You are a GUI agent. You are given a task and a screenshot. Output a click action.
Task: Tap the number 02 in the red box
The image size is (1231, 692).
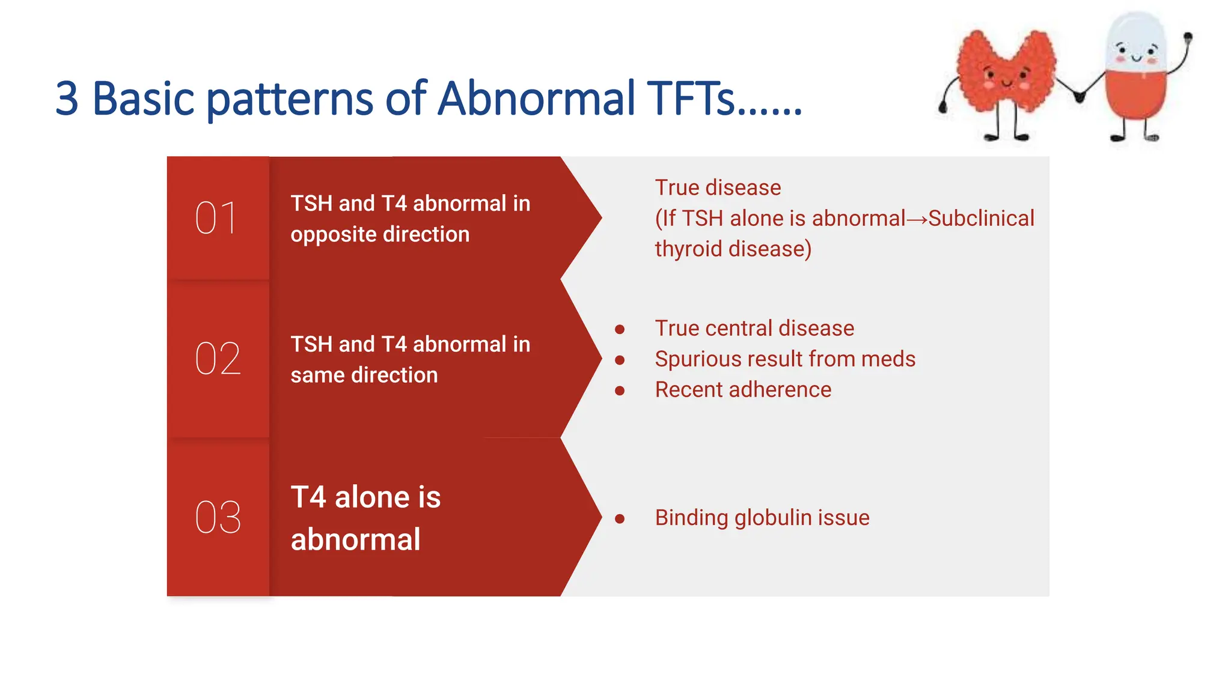pos(218,359)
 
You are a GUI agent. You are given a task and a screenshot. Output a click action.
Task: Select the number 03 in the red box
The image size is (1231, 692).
pos(218,517)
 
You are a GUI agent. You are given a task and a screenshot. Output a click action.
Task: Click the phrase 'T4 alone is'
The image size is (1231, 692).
pos(365,497)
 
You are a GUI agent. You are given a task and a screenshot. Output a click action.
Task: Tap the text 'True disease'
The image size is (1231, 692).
pos(718,188)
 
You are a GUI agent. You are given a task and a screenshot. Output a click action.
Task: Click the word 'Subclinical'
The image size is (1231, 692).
pos(981,219)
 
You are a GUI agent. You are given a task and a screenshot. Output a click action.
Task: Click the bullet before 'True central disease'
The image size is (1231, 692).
pos(620,329)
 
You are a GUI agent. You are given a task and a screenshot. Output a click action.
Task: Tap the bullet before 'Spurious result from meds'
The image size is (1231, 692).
pos(620,360)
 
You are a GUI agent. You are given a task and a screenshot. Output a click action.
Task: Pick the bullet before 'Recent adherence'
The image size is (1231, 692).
pos(620,390)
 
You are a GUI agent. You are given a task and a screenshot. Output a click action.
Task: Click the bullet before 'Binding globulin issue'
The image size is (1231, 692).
pos(620,518)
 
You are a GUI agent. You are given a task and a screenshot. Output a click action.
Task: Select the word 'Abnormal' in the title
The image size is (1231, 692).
pos(536,99)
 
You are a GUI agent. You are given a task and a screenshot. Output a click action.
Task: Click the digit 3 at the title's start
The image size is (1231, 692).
pos(67,100)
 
